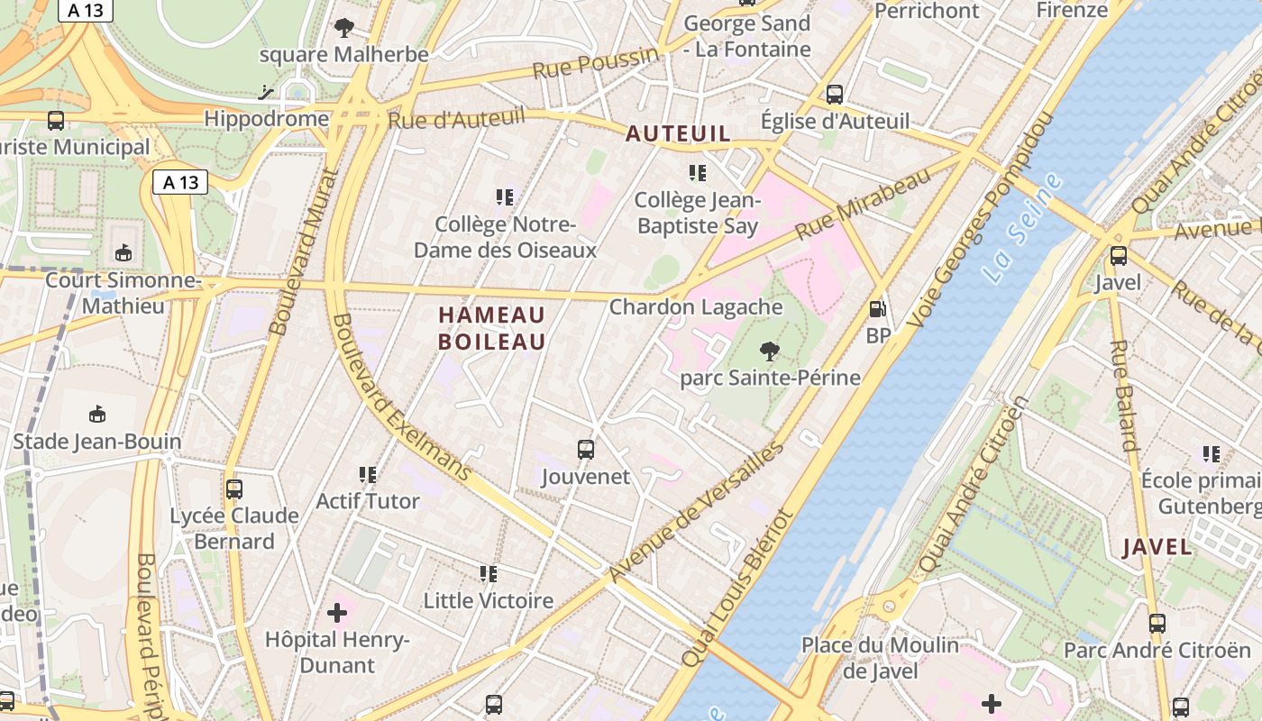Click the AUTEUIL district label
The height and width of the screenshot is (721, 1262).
(x=678, y=134)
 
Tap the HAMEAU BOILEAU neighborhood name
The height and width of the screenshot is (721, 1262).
(x=492, y=328)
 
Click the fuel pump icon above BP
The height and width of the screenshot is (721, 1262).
(x=877, y=309)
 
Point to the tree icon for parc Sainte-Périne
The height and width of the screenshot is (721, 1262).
(x=769, y=351)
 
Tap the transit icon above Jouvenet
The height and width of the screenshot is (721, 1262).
(x=586, y=449)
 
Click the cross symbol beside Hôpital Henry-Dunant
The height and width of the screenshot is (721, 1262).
(x=337, y=614)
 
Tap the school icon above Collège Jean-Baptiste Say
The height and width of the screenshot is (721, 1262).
(x=697, y=172)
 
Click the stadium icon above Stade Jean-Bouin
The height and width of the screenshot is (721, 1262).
(x=97, y=415)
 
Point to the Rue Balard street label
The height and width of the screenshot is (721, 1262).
(x=1124, y=395)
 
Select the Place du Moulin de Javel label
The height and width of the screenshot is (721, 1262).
(x=881, y=658)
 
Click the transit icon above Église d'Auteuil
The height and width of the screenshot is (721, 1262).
(x=835, y=94)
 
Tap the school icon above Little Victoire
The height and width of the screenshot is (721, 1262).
(x=489, y=573)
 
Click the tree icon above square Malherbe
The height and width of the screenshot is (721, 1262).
(x=343, y=28)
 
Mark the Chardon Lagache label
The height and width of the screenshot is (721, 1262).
(x=696, y=307)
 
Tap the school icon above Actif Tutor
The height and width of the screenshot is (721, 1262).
(x=368, y=474)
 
